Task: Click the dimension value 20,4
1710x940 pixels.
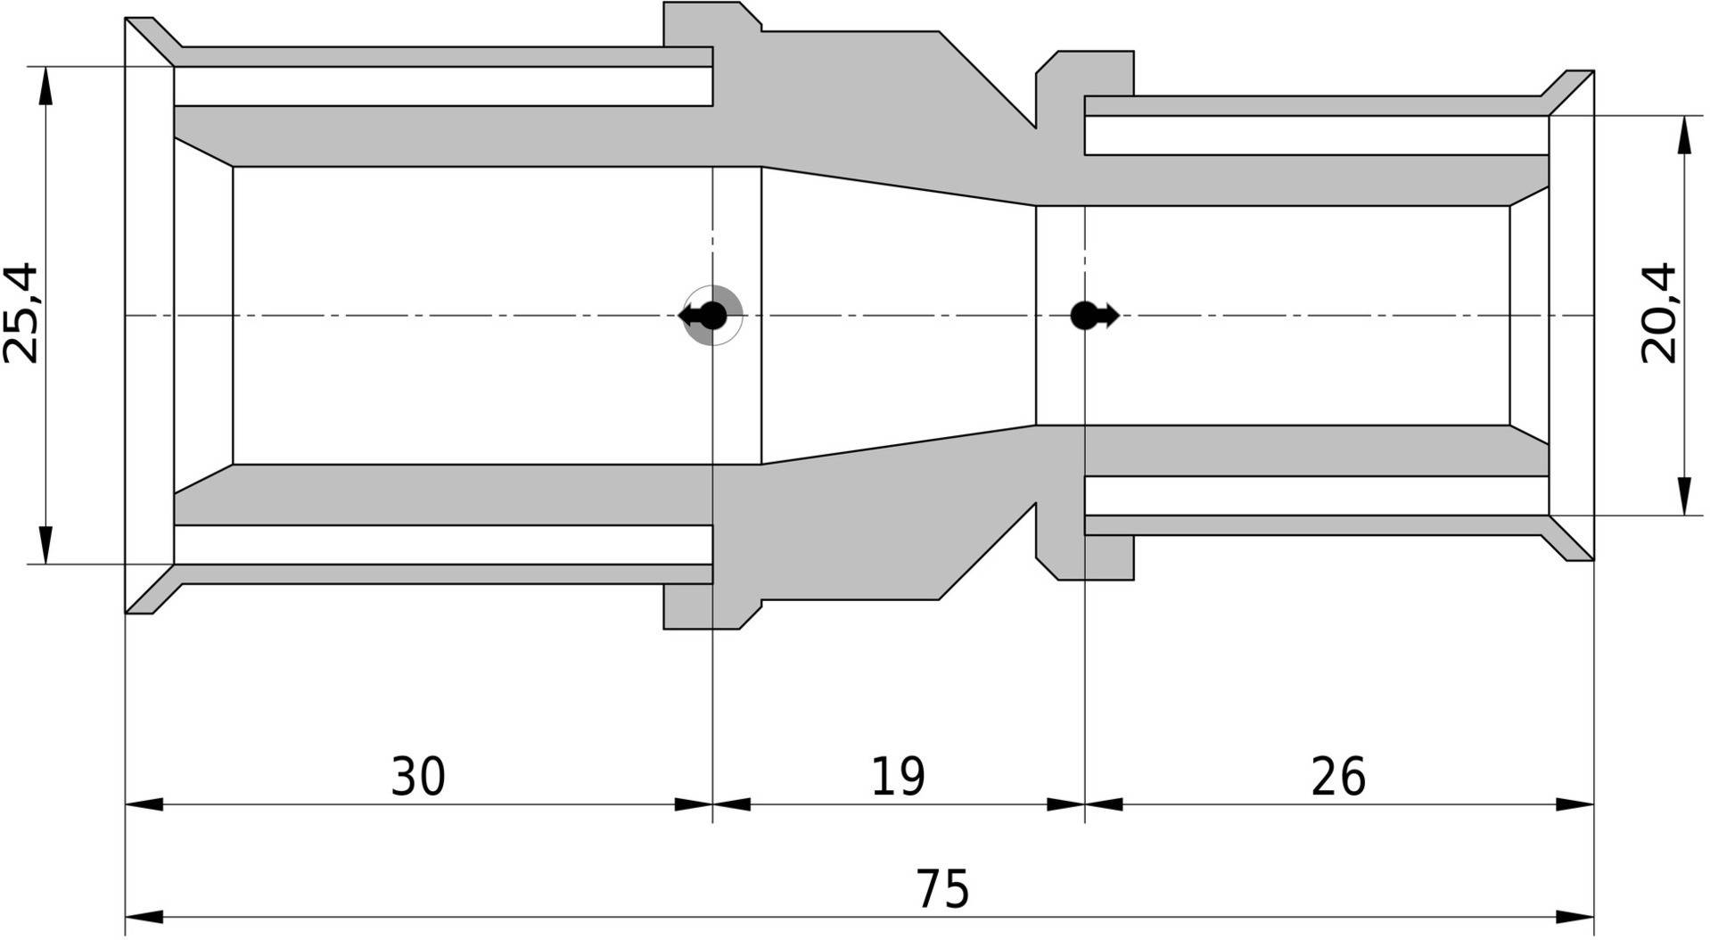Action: (1658, 313)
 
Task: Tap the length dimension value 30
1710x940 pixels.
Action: (418, 776)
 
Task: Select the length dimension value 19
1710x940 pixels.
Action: (898, 776)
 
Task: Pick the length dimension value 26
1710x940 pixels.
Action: (1338, 776)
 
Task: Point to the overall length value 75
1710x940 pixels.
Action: (942, 888)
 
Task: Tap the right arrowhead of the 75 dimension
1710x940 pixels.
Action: (1574, 917)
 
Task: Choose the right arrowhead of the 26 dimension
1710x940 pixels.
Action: (1574, 804)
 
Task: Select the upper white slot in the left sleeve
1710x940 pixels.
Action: (443, 86)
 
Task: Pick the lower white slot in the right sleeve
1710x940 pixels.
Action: (1316, 496)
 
